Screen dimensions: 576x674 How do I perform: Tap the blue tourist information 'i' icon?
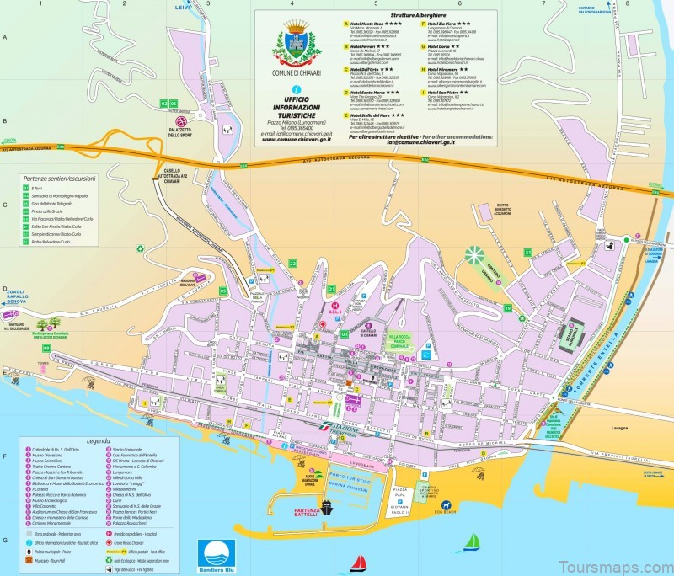tap(295, 89)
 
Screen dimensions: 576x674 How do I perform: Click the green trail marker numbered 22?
tap(293, 264)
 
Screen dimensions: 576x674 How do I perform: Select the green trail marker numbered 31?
tap(528, 252)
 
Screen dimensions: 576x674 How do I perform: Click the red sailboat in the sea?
tap(360, 562)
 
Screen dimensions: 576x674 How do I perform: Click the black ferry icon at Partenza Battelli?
tap(325, 509)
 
